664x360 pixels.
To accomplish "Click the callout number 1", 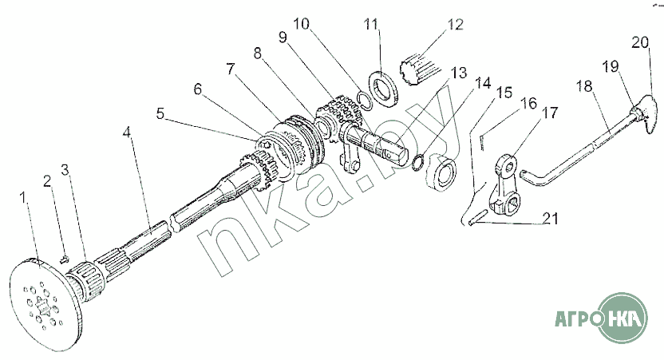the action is [24, 198].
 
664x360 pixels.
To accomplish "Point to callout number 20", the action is [640, 42].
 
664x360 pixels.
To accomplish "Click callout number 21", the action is [550, 219].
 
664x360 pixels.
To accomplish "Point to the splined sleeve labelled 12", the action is [419, 69].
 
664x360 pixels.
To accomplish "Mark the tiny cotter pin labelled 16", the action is [482, 142].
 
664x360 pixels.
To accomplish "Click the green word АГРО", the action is [577, 317].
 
